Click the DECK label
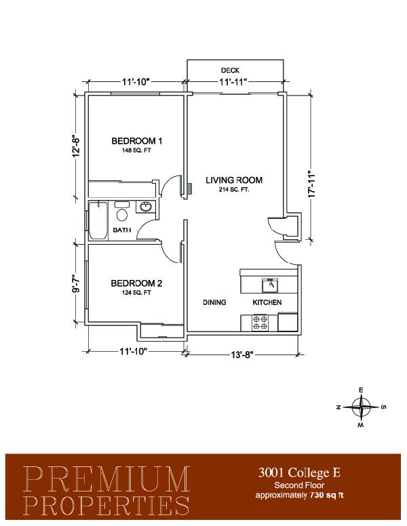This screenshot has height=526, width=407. tap(230, 70)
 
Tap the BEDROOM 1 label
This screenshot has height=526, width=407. tap(136, 141)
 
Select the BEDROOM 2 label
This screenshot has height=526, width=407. tap(136, 283)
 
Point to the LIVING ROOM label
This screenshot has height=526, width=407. tap(234, 180)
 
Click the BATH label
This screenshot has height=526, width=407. tap(122, 230)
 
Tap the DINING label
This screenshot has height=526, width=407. tap(214, 302)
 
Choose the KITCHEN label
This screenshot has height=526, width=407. tap(267, 302)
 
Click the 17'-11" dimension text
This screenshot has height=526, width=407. tap(311, 184)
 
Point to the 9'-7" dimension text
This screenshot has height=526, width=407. tap(76, 283)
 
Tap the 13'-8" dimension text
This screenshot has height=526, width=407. tap(241, 355)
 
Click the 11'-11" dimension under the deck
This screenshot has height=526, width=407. tap(233, 81)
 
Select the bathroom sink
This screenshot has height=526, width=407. tap(146, 207)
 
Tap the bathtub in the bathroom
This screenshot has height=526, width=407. tap(98, 220)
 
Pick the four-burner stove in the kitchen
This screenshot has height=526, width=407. tap(260, 323)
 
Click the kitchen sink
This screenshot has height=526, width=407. tap(271, 285)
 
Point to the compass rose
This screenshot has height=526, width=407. tap(361, 407)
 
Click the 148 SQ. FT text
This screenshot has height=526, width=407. tap(136, 150)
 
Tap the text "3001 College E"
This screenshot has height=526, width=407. tap(299, 472)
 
